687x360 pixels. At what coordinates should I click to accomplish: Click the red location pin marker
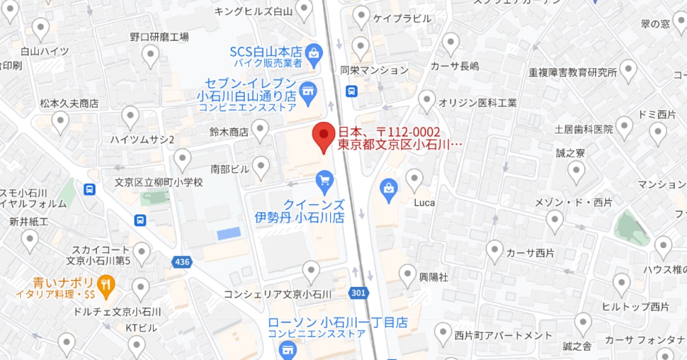[324, 136]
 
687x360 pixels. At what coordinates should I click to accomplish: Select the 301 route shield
[358, 292]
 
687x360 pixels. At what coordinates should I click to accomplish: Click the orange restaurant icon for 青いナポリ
[107, 284]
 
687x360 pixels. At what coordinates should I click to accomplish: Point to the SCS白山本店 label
[266, 52]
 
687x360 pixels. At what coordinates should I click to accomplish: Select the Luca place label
[424, 202]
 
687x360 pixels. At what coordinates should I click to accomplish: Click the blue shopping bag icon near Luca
[389, 188]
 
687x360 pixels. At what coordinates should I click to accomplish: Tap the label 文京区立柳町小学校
[158, 182]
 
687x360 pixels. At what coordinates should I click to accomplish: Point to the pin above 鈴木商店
[260, 129]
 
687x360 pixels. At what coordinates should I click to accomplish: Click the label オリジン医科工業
[477, 102]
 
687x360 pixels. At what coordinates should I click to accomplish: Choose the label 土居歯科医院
[584, 130]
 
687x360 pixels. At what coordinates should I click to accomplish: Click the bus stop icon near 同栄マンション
[351, 91]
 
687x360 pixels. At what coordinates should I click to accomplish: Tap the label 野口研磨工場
[160, 37]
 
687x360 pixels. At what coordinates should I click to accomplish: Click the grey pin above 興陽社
[408, 274]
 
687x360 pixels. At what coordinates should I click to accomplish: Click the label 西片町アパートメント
[503, 335]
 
